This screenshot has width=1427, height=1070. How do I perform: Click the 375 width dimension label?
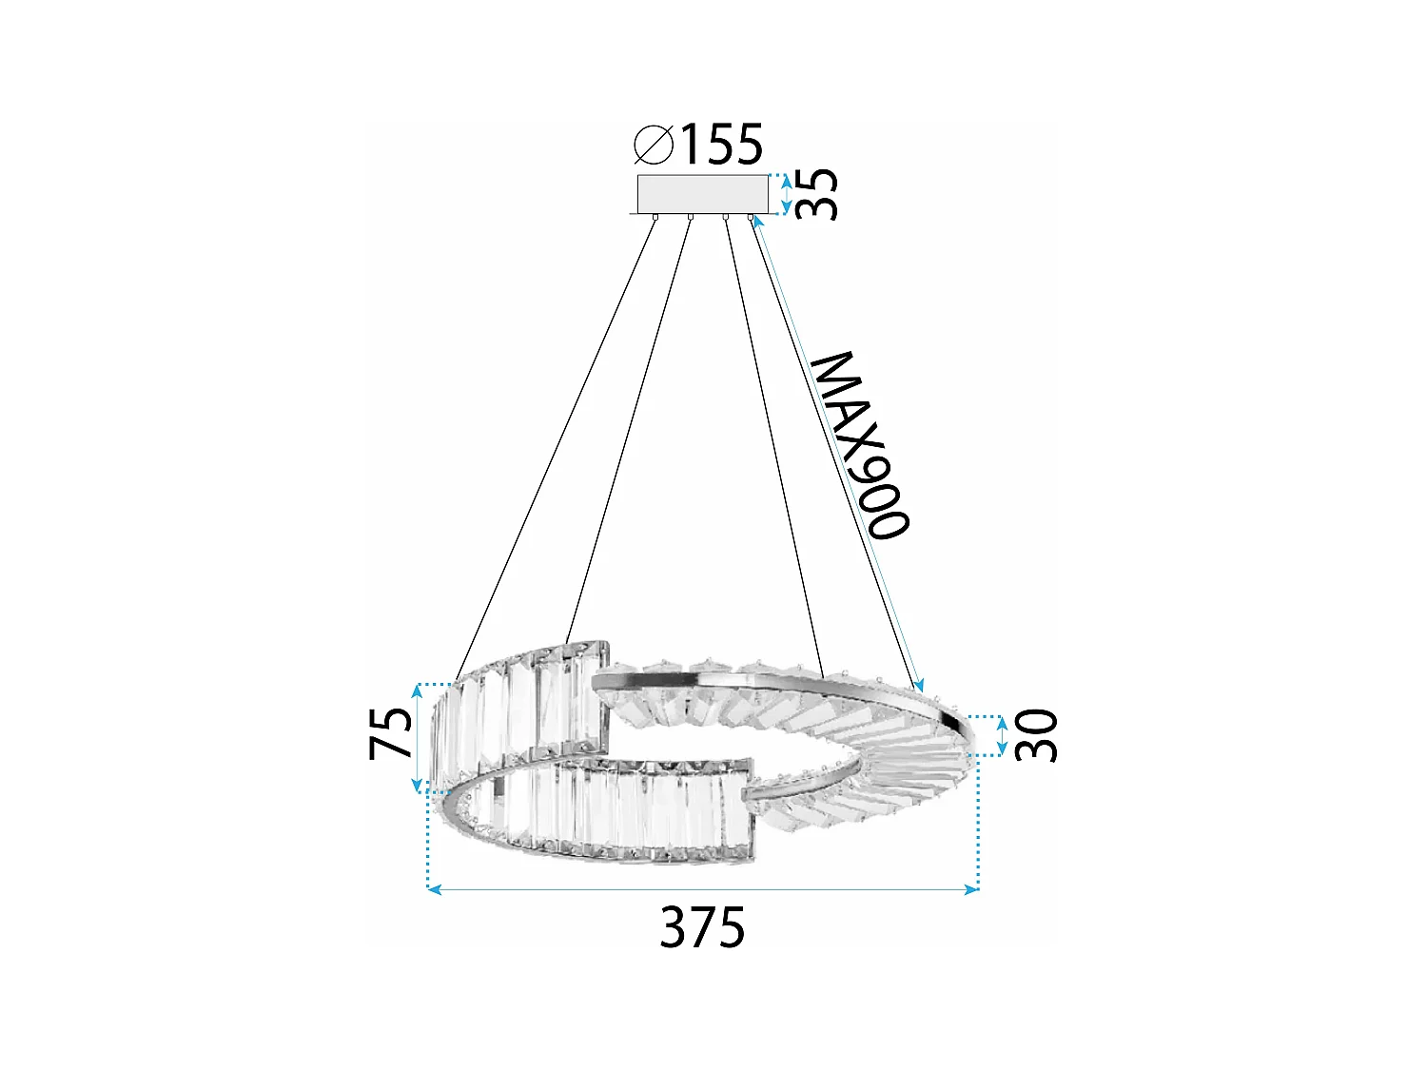pos(703,927)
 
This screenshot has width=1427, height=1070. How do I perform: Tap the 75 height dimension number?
pos(392,734)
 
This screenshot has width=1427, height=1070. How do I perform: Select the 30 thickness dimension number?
pos(1036,735)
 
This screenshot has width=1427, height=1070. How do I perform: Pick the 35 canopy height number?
pos(817,194)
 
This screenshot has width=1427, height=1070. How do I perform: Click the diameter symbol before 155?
pos(654,145)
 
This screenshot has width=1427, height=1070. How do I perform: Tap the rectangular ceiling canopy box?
pos(702,194)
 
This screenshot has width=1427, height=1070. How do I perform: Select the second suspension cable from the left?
pos(628,428)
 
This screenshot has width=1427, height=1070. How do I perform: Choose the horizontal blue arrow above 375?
pos(703,889)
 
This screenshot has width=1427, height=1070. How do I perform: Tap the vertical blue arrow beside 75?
pos(417,737)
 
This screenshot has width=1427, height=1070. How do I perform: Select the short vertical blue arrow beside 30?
pos(1002,735)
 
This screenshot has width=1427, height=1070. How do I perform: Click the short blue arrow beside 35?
pos(786,194)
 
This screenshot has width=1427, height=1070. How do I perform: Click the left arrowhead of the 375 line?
pos(434,889)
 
